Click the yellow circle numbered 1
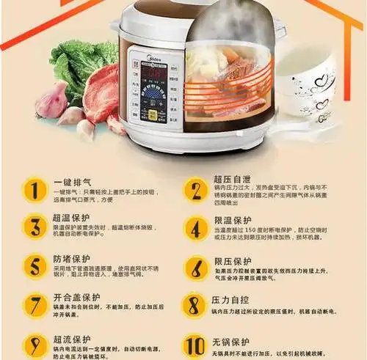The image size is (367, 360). click(33, 190)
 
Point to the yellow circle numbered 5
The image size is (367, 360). click(33, 266)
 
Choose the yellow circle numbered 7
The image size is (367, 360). click(33, 305)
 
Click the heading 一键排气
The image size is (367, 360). click(73, 181)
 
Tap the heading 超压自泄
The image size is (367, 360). click(233, 179)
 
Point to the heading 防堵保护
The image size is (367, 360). click(73, 259)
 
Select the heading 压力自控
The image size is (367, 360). click(233, 300)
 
